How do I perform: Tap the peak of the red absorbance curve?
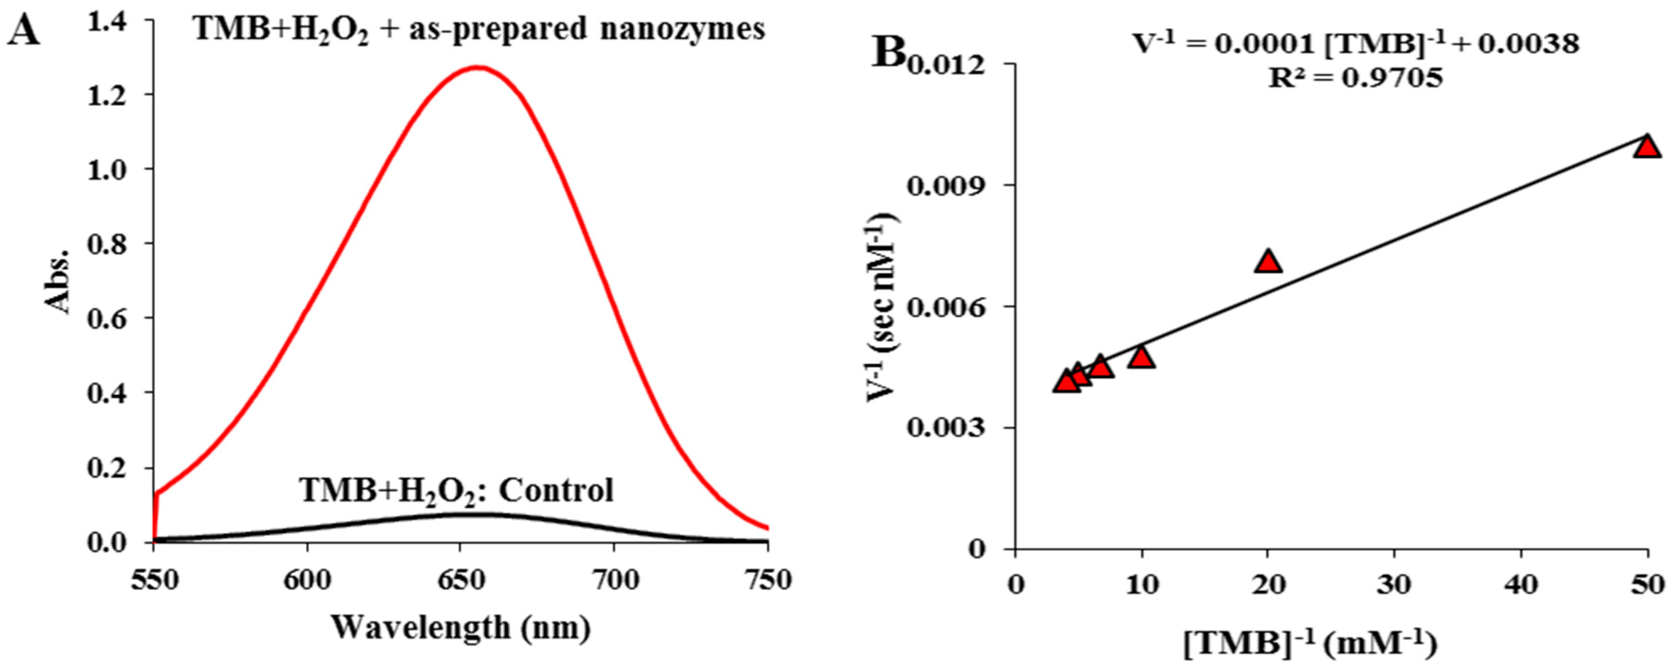(x=478, y=67)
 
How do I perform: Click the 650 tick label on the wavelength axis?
(x=460, y=580)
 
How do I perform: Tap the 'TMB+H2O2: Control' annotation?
(x=456, y=490)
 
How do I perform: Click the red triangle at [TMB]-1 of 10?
(x=1141, y=357)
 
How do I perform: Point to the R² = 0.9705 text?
(x=1355, y=79)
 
